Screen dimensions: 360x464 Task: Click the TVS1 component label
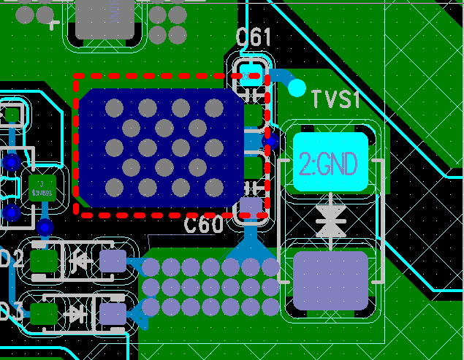point(335,99)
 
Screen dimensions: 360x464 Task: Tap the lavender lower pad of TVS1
point(330,279)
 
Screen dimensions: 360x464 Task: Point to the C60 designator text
point(204,225)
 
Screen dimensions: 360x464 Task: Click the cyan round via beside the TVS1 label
point(297,88)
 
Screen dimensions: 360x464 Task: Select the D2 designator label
point(10,259)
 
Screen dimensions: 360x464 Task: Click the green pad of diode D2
point(45,261)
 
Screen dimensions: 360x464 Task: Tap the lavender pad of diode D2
point(113,261)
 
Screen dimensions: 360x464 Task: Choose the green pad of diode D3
point(43,314)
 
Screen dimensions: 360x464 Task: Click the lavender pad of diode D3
point(113,314)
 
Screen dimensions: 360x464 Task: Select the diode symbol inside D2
point(77,259)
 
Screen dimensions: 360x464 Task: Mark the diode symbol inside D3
point(76,314)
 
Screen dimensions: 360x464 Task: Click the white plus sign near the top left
point(53,23)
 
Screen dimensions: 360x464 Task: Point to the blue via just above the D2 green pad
point(45,228)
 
